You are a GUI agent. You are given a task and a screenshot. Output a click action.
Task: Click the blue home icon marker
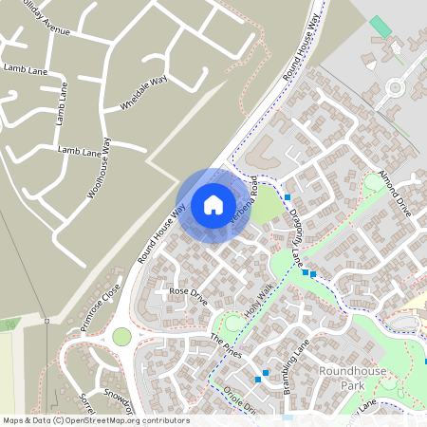click(x=213, y=204)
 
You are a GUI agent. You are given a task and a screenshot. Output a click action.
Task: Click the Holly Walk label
click(x=258, y=302)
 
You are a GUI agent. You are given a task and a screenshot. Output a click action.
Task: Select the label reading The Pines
click(x=226, y=345)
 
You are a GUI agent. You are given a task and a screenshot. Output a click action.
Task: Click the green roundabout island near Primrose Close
click(x=121, y=336)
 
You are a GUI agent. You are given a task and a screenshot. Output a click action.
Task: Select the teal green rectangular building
click(x=380, y=27)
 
